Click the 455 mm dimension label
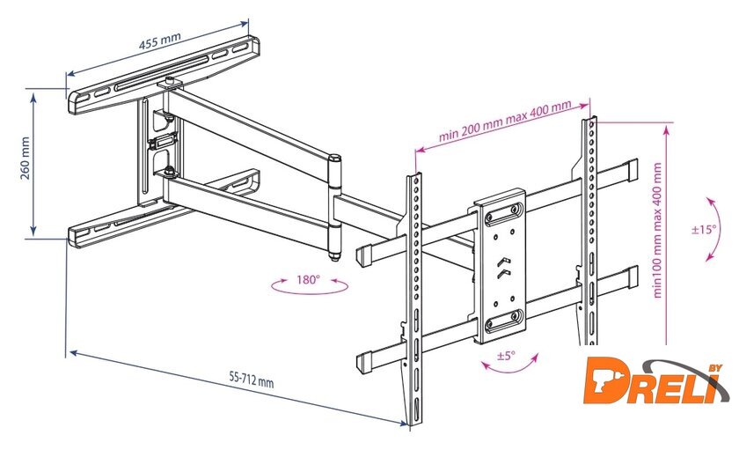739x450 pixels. point(160,41)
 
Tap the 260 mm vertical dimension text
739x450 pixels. point(25,159)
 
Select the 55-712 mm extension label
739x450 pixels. point(252,379)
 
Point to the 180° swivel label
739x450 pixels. point(308,280)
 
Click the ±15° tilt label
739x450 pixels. point(704,229)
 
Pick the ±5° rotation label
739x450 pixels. point(506,356)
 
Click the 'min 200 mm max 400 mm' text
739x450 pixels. point(505,121)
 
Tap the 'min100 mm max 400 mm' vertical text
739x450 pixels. point(657,230)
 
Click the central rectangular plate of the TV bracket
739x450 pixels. point(501,267)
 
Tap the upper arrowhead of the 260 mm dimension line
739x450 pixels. point(33,97)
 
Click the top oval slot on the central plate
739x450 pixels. point(504,214)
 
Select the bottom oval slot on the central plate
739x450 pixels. point(504,321)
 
